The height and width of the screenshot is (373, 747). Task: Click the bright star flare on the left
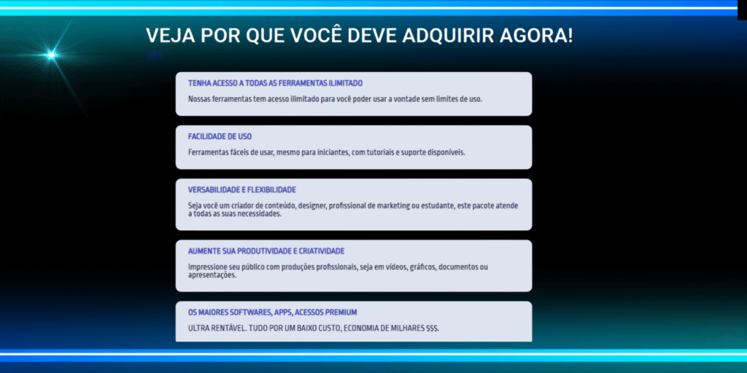tap(52, 55)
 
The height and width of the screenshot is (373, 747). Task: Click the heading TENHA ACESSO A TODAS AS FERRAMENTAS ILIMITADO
tap(275, 83)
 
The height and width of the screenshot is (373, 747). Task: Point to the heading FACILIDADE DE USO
tap(220, 136)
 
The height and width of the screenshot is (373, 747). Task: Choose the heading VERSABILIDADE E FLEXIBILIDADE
tap(242, 190)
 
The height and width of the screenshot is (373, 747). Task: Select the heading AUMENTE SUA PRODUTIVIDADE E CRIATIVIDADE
tap(266, 251)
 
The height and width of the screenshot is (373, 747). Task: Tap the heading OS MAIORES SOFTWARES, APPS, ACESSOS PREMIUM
tap(273, 312)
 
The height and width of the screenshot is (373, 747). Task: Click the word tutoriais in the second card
tap(381, 153)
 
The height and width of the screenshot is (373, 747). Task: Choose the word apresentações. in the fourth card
tap(212, 275)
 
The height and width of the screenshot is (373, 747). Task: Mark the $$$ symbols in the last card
tap(433, 329)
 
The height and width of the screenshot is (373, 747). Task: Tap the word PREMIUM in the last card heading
tap(341, 312)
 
